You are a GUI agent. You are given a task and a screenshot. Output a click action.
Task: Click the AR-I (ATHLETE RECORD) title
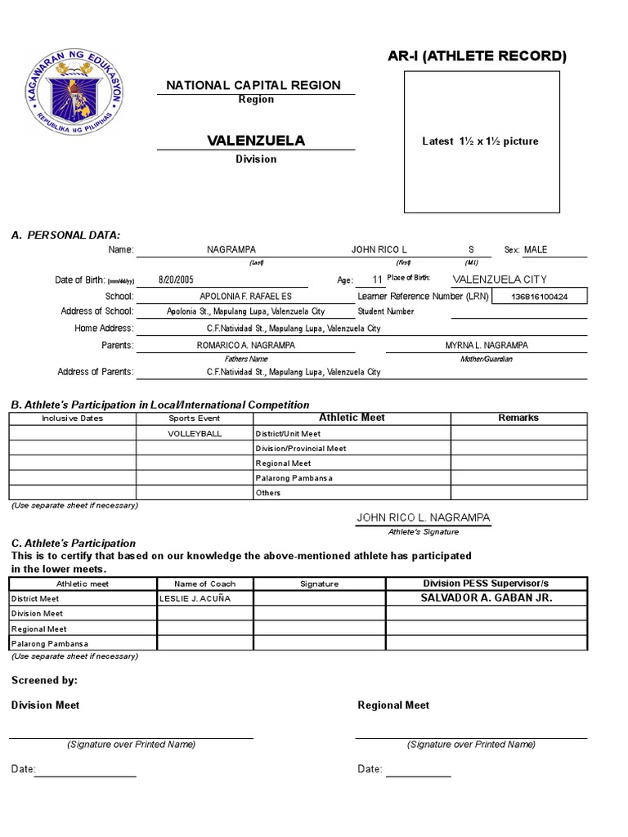tap(477, 56)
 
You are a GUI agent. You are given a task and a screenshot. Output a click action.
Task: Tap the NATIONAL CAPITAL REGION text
tap(253, 85)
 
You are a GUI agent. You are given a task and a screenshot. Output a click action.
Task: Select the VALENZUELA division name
tap(256, 141)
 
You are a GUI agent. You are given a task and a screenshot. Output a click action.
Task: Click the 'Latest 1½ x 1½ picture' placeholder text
tap(480, 141)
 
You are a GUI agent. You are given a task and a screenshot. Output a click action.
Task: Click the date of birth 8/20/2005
tap(176, 280)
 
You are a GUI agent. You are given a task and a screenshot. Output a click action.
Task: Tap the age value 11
tap(377, 280)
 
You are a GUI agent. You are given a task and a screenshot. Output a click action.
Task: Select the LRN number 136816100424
tap(539, 296)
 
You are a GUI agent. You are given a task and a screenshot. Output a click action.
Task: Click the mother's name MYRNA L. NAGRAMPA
tap(487, 345)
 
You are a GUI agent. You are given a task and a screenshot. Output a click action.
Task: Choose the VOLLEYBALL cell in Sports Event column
tap(195, 433)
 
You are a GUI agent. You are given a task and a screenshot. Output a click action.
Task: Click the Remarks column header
tap(518, 418)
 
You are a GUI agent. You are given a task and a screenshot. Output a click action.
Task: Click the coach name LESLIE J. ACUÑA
tap(195, 598)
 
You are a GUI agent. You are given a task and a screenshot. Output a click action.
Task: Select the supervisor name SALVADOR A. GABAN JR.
tap(486, 598)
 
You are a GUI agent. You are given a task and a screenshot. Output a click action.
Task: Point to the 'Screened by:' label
tap(44, 679)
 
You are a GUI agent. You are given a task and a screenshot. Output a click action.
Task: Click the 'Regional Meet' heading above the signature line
tap(393, 705)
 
